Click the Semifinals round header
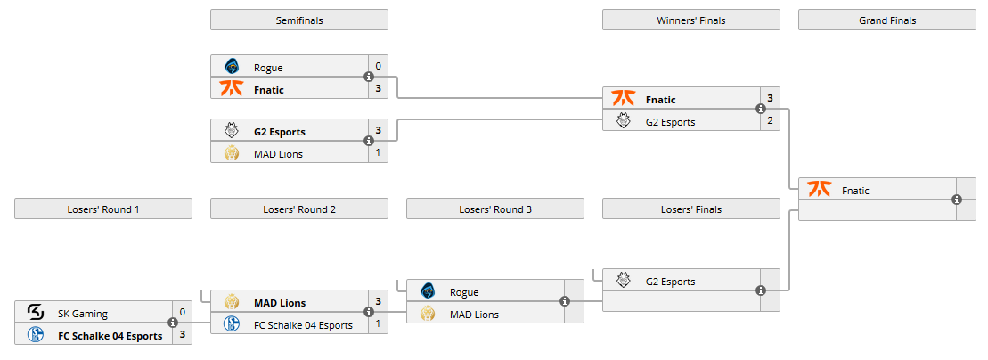point(299,20)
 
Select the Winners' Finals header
point(690,20)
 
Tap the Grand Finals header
point(887,20)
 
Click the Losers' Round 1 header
point(103,209)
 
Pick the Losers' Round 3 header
point(495,209)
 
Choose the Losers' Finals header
point(690,209)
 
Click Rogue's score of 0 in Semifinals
point(379,66)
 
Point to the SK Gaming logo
point(36,313)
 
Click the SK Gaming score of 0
point(183,313)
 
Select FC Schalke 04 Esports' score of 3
point(183,335)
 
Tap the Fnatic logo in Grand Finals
point(819,190)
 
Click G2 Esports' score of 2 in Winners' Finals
point(771,121)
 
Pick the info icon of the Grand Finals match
point(957,200)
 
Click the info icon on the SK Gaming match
point(173,323)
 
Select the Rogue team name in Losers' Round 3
point(464,292)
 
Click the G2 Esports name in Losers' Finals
point(670,282)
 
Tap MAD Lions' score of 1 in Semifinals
point(379,153)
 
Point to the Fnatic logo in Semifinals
point(232,88)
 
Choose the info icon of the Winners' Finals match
point(761,110)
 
